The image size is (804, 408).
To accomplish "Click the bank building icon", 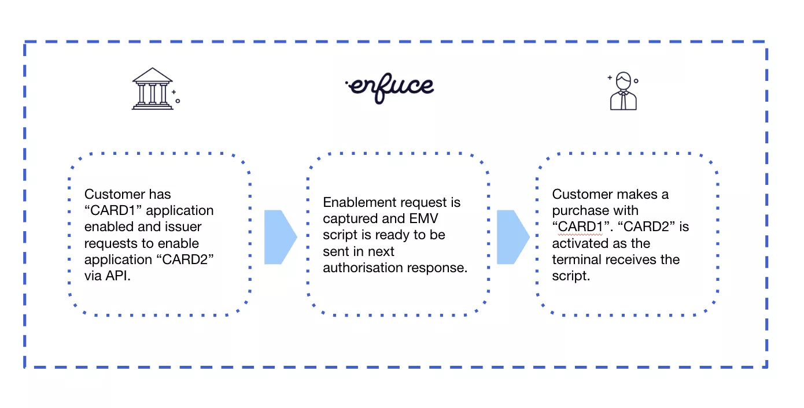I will click(x=153, y=89).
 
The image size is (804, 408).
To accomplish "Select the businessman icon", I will click(x=623, y=91).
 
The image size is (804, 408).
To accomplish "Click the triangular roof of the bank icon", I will click(x=152, y=75).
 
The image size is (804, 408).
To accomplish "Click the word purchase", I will click(x=578, y=210).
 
